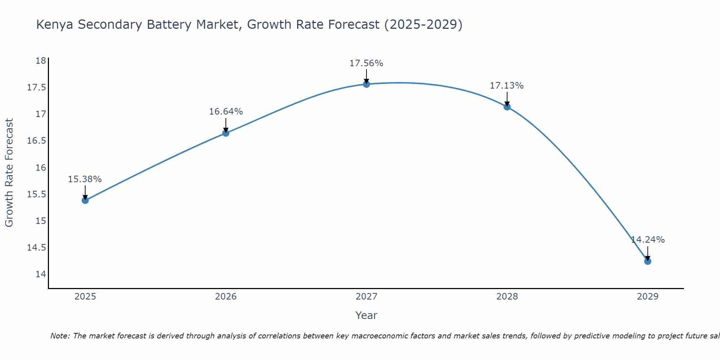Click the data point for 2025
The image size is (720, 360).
[x=85, y=200]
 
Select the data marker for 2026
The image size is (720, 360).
[x=226, y=133]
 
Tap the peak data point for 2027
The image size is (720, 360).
[x=366, y=84]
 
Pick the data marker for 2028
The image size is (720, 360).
[x=507, y=107]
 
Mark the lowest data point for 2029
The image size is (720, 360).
[x=648, y=261]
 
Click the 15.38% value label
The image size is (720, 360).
[x=85, y=179]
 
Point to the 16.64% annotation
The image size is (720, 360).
[x=226, y=112]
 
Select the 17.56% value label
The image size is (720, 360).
[x=366, y=63]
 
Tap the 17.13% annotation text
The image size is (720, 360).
[x=507, y=86]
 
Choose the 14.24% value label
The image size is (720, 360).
[x=648, y=240]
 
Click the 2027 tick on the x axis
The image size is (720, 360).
[x=366, y=297]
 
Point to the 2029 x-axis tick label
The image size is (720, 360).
[x=648, y=297]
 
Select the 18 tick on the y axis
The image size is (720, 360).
[x=41, y=60]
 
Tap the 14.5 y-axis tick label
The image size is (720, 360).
[x=37, y=248]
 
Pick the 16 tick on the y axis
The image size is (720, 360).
[x=41, y=167]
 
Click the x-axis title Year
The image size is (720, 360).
[x=366, y=315]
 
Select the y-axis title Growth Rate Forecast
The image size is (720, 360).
[x=9, y=173]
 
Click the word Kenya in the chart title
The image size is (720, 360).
[x=54, y=24]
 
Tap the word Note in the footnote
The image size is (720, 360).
[x=60, y=336]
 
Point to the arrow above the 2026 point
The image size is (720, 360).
[x=226, y=125]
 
